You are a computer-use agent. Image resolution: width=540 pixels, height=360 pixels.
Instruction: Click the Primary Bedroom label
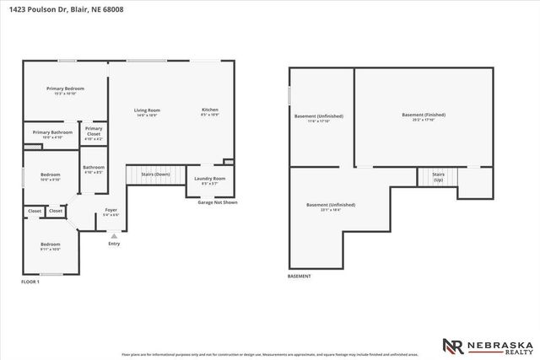[x=65, y=88]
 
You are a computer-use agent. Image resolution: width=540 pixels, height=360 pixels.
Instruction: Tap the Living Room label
[x=147, y=110]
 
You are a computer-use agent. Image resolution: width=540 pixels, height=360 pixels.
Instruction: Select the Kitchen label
[x=210, y=110]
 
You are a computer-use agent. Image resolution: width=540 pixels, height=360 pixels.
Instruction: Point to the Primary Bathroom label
[x=52, y=132]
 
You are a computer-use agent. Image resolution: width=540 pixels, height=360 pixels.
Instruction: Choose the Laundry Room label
[x=209, y=179]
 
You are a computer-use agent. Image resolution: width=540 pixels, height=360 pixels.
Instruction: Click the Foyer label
[x=111, y=210]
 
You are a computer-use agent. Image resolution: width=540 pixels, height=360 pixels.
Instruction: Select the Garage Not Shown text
[x=218, y=202]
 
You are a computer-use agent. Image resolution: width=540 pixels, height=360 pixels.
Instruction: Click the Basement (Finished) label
[x=424, y=115]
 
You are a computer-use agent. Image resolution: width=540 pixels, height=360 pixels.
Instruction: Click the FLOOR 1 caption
[x=30, y=281]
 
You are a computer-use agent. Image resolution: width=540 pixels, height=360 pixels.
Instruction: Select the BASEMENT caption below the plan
[x=300, y=277]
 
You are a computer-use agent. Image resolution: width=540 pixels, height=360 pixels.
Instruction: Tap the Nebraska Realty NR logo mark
[x=454, y=347]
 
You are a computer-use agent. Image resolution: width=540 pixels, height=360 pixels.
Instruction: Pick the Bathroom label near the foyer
[x=94, y=167]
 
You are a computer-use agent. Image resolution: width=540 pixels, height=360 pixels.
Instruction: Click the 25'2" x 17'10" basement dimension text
[x=424, y=121]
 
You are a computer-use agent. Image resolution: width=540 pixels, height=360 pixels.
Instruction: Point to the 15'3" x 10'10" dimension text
[x=65, y=94]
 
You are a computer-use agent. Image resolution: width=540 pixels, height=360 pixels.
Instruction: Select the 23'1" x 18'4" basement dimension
[x=331, y=210]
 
